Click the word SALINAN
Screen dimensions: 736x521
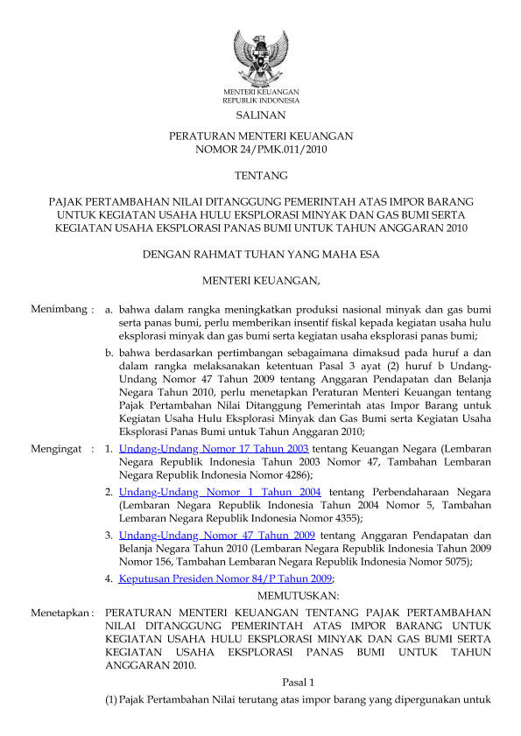coord(260,115)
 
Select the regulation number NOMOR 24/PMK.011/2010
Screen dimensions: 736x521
coord(260,151)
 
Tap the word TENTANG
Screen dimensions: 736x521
coord(260,176)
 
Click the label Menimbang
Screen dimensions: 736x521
coord(59,310)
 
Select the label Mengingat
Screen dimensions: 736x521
coord(58,449)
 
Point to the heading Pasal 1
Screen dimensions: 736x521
coord(298,681)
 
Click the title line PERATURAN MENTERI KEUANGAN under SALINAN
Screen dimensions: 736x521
coord(260,137)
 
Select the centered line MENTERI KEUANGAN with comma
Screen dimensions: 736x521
coord(261,281)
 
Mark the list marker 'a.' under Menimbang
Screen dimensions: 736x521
coord(109,310)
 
